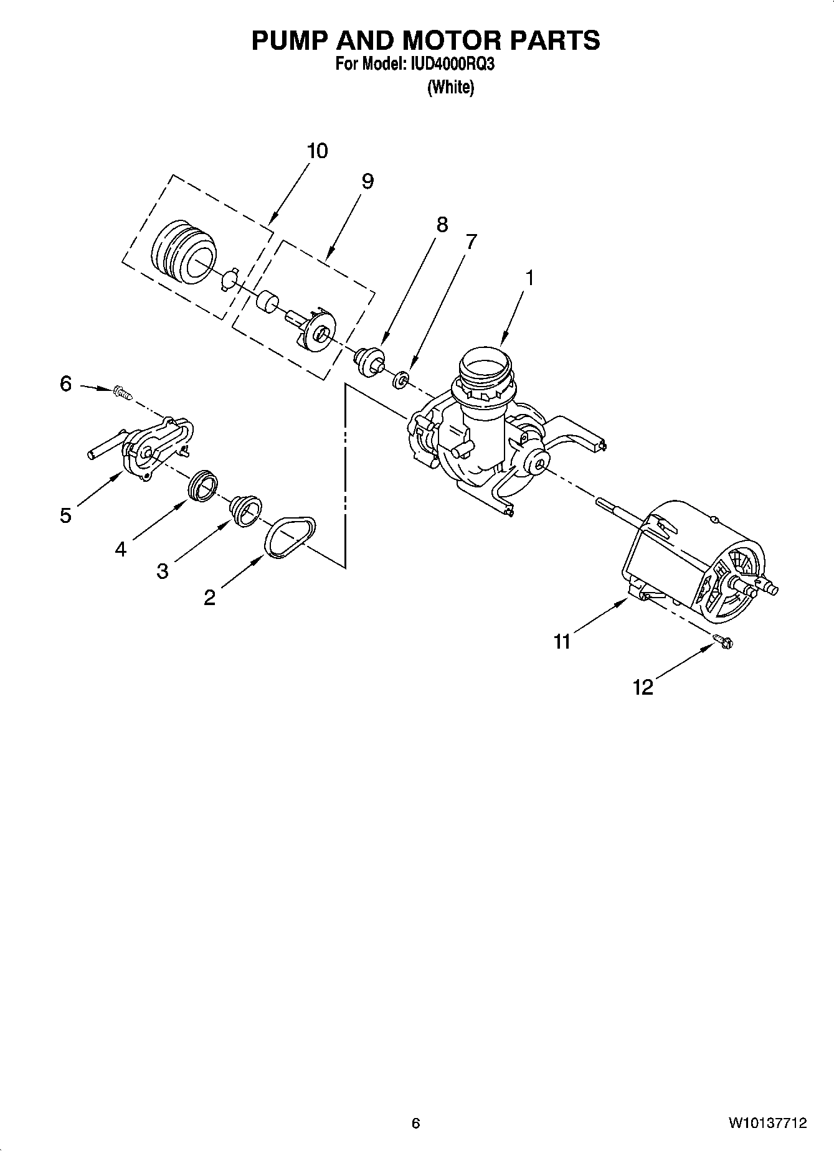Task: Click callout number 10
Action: (317, 151)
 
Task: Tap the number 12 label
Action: (643, 687)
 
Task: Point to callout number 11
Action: (562, 642)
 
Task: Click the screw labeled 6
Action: (122, 392)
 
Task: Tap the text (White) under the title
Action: (450, 87)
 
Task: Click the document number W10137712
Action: (767, 1123)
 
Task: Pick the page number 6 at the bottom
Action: (416, 1123)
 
